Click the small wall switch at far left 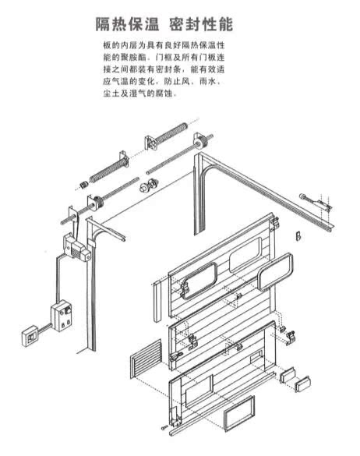[x=31, y=334]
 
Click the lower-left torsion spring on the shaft [x=109, y=169]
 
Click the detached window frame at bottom [x=238, y=412]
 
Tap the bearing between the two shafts [x=147, y=186]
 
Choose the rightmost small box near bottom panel [x=303, y=381]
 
